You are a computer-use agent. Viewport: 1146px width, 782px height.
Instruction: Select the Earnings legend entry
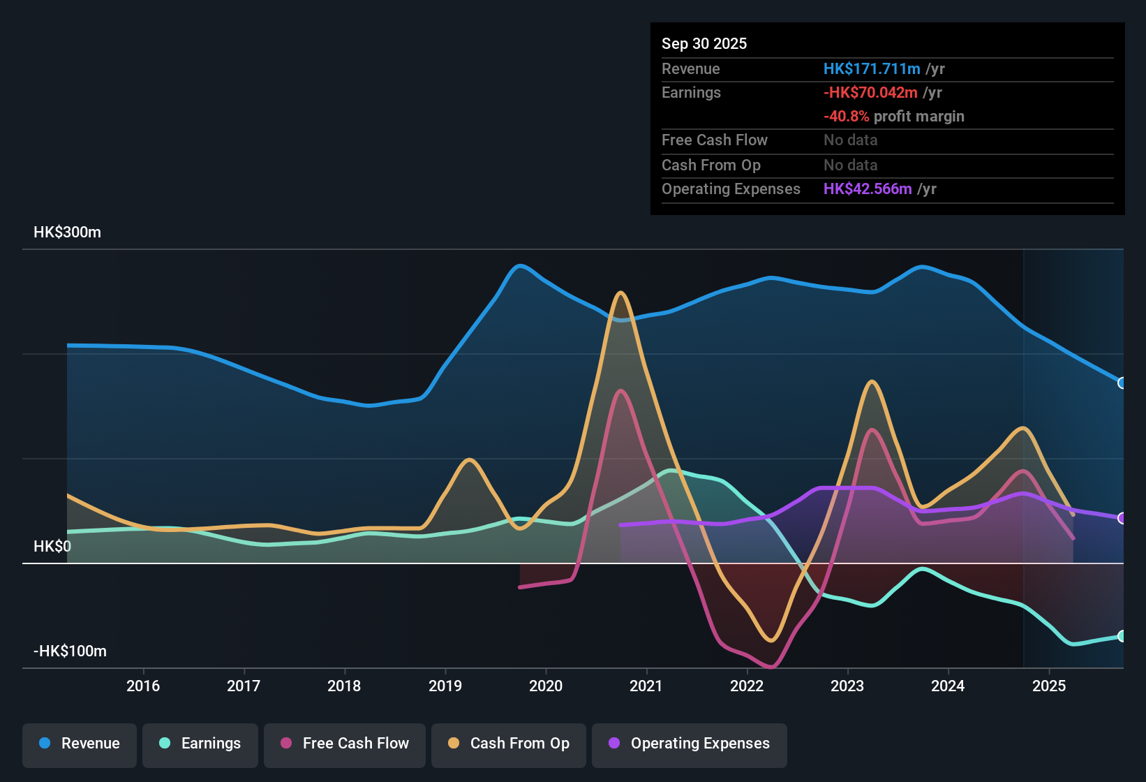coord(200,744)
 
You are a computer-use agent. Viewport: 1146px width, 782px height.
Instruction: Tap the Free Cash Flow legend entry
coord(345,744)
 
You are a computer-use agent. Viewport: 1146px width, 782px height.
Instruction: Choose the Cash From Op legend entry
coord(509,744)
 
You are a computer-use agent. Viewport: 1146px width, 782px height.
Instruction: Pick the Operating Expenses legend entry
coord(690,744)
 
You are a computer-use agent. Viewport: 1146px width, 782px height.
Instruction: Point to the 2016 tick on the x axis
coord(143,686)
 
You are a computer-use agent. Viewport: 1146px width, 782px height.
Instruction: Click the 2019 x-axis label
coord(445,686)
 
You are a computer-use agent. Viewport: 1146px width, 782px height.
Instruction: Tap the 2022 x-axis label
coord(747,686)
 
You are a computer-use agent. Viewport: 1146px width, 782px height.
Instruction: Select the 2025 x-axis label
coord(1049,686)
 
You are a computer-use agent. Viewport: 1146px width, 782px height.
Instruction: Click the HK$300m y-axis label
coord(67,233)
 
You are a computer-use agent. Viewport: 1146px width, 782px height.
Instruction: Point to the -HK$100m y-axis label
coord(70,651)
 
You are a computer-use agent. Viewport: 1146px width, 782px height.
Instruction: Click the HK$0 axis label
coord(52,547)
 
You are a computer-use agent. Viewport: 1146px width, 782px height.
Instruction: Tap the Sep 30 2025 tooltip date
coord(704,43)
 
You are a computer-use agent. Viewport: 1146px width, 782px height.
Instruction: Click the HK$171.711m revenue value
coord(872,68)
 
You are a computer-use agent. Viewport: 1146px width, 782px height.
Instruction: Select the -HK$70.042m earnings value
coord(870,92)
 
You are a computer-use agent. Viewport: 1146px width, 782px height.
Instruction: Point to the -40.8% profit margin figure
coord(846,116)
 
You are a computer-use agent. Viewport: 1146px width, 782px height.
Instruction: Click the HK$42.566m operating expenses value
coord(868,189)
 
